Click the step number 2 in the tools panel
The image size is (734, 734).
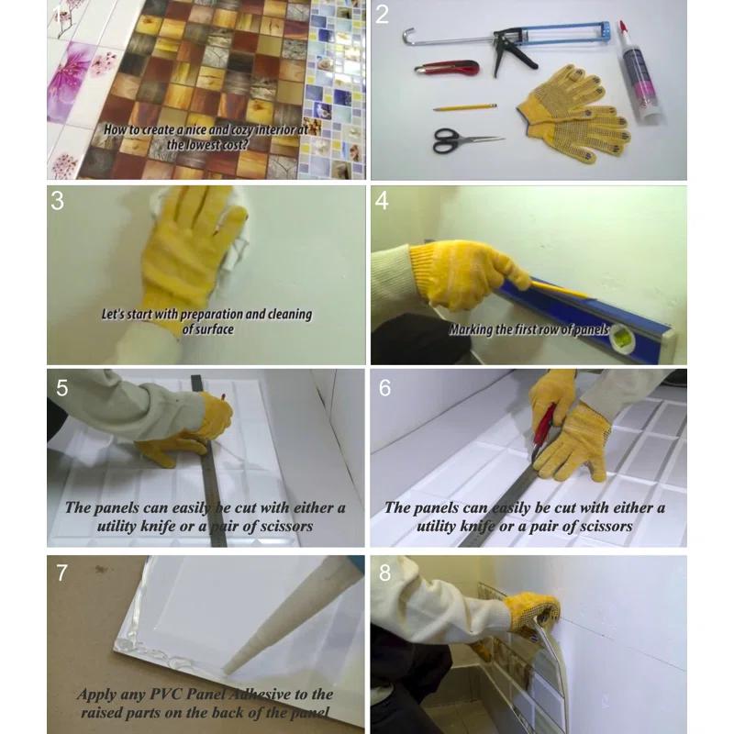382,15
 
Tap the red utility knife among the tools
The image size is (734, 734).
447,68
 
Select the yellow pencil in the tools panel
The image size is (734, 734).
465,107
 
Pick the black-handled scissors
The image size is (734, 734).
463,140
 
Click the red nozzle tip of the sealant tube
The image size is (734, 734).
623,26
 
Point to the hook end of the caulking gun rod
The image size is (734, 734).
408,36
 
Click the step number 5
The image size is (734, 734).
61,388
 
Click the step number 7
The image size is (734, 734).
61,573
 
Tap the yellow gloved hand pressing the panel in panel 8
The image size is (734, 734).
534,611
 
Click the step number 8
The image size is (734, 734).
384,573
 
